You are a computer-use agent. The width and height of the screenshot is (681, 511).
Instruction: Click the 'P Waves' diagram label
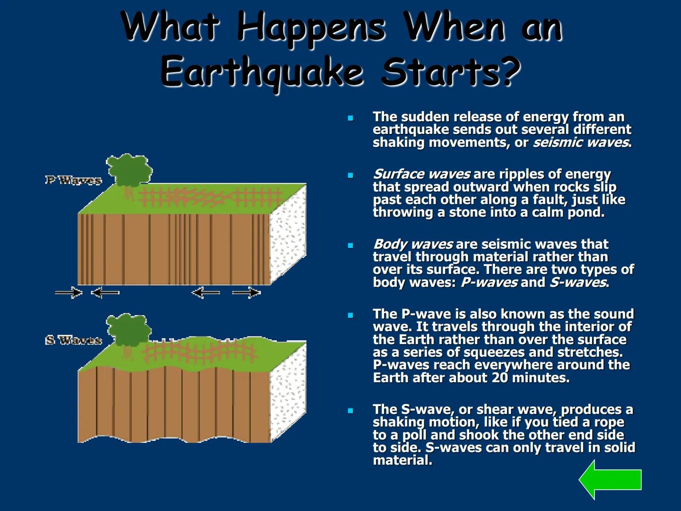[x=73, y=180]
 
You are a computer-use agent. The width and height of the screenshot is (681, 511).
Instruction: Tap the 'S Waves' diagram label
[x=73, y=340]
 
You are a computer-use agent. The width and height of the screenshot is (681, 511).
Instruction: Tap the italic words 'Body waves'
[x=413, y=244]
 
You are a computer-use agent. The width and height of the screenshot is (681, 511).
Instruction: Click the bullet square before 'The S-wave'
[x=350, y=410]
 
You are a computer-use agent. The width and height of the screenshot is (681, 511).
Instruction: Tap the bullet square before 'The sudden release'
[x=350, y=118]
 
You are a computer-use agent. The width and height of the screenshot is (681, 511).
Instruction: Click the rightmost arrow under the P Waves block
[x=246, y=293]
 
